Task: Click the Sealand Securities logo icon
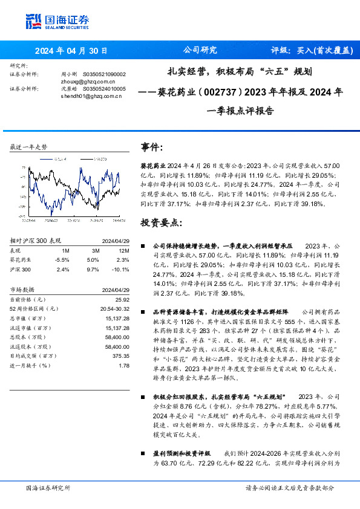[34, 22]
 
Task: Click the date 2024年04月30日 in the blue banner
[71, 51]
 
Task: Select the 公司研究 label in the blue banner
[200, 51]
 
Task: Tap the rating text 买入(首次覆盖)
[324, 51]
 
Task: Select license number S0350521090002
[104, 74]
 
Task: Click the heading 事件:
[152, 148]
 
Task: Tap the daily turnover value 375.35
[121, 356]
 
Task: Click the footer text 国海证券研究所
[48, 488]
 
